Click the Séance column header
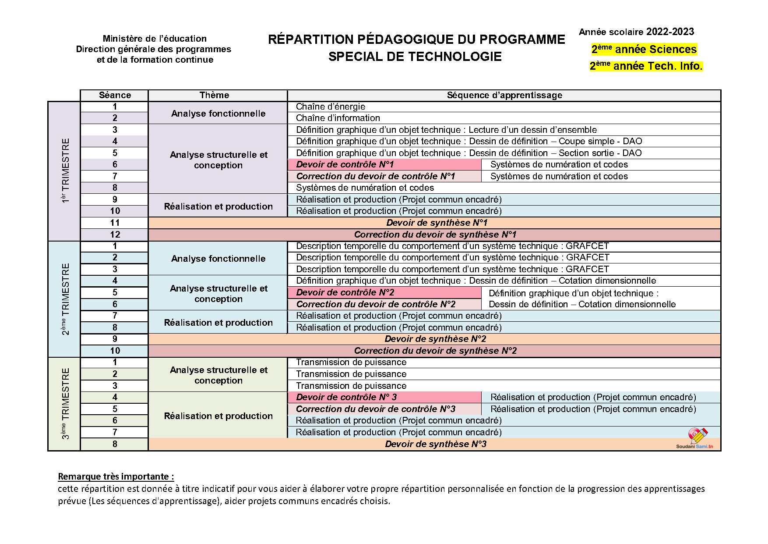pyautogui.click(x=115, y=95)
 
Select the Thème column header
pyautogui.click(x=214, y=95)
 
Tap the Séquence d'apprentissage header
pyautogui.click(x=504, y=95)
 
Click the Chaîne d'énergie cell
pyautogui.click(x=331, y=107)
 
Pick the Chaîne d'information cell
pyautogui.click(x=338, y=118)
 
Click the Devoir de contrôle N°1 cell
pyautogui.click(x=345, y=164)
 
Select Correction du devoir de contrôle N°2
pyautogui.click(x=376, y=304)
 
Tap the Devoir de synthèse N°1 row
pyautogui.click(x=437, y=223)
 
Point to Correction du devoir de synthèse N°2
pyautogui.click(x=435, y=351)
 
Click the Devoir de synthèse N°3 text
pyautogui.click(x=436, y=444)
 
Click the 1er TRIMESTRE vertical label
pyautogui.click(x=65, y=171)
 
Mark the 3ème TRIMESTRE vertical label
pyautogui.click(x=65, y=403)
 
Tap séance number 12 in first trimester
pyautogui.click(x=115, y=235)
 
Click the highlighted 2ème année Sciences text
pyautogui.click(x=644, y=50)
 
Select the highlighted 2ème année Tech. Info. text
pyautogui.click(x=646, y=66)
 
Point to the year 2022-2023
pyautogui.click(x=670, y=32)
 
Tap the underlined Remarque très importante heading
pyautogui.click(x=116, y=476)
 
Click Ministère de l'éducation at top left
pyautogui.click(x=155, y=39)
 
